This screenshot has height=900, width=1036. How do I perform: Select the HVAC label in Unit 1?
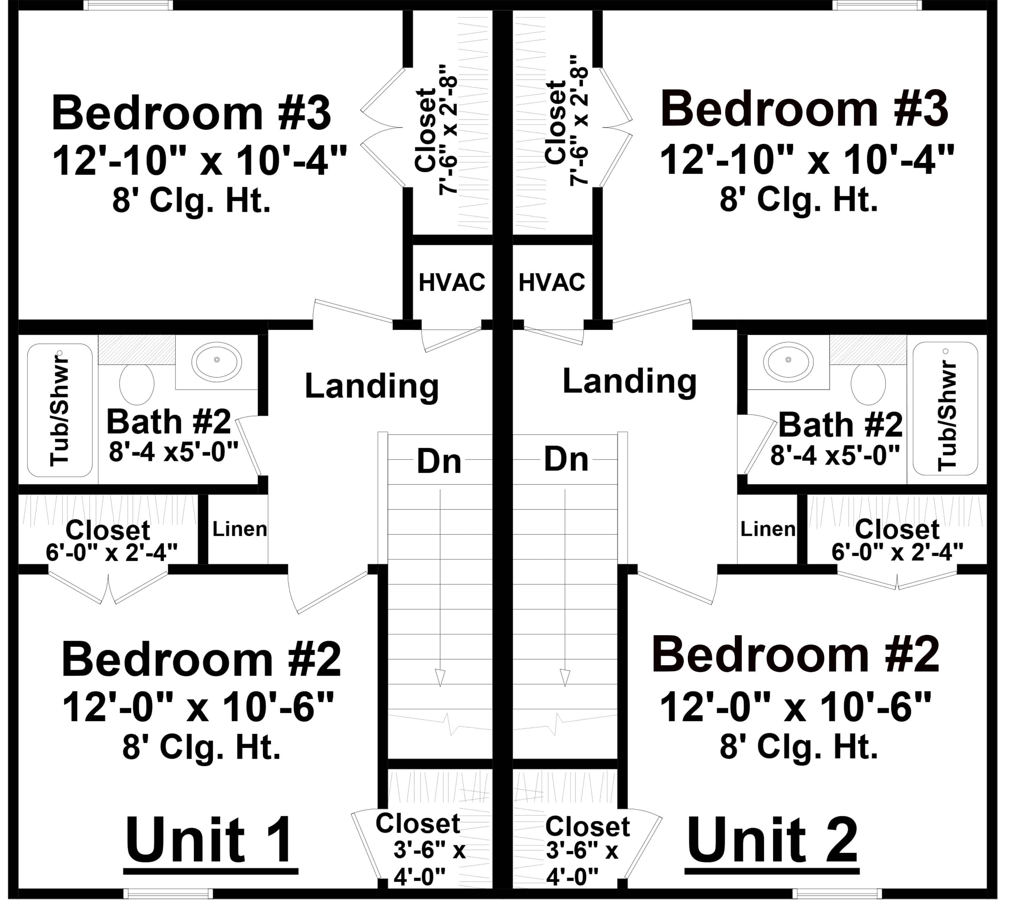tap(452, 283)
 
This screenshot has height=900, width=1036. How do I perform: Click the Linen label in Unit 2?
tap(768, 529)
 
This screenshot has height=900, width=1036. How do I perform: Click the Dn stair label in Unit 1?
tap(439, 462)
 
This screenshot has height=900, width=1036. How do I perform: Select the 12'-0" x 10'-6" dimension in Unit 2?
tap(795, 707)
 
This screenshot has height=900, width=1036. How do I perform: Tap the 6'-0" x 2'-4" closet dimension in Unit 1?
tap(112, 552)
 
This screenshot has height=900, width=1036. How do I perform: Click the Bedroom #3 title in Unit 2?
tap(804, 109)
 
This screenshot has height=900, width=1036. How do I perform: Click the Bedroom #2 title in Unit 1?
tap(201, 659)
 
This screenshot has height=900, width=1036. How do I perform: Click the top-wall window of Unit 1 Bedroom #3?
tap(128, 5)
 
